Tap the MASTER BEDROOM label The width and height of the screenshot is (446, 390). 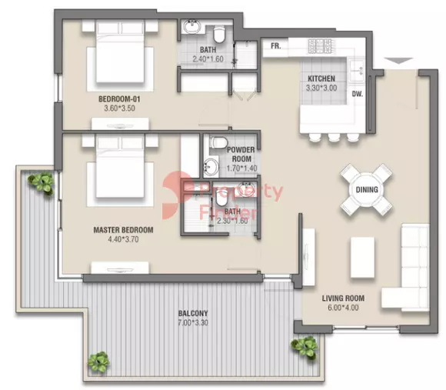coord(123,230)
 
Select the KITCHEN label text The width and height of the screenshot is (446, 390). coord(321,79)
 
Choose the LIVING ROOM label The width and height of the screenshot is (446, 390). coord(343,298)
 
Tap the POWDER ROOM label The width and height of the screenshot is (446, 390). coord(241,154)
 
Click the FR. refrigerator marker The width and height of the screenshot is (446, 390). coord(275,47)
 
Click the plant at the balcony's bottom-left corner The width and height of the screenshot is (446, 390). coord(98,360)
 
